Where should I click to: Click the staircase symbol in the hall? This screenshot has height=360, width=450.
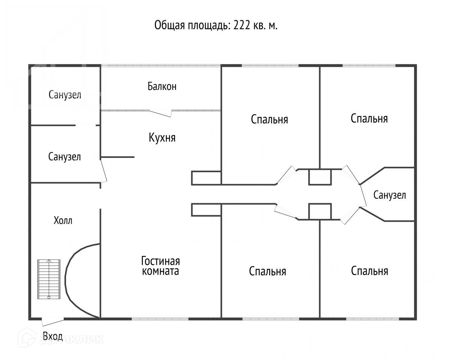(49, 279)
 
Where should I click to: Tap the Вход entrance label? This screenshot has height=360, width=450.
(53, 337)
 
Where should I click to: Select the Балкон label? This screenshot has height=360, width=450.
(162, 86)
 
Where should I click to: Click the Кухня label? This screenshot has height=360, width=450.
(162, 138)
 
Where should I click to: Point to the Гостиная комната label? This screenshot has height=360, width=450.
(160, 266)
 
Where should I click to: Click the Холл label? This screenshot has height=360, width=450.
(63, 220)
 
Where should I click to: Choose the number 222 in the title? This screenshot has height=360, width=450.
(242, 25)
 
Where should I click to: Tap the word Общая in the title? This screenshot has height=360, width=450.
(170, 26)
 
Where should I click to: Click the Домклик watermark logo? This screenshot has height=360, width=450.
(61, 339)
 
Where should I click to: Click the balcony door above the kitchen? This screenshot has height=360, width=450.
(160, 113)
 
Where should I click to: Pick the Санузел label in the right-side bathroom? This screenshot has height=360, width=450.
(390, 195)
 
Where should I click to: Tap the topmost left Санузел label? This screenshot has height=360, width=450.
(65, 95)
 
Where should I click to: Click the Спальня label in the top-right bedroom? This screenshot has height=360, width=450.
(369, 118)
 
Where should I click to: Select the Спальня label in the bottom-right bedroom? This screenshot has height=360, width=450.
(369, 271)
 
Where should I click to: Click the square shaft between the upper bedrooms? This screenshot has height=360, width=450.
(320, 177)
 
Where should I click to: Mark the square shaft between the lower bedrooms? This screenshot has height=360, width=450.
(320, 211)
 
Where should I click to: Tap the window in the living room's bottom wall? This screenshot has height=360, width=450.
(160, 319)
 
